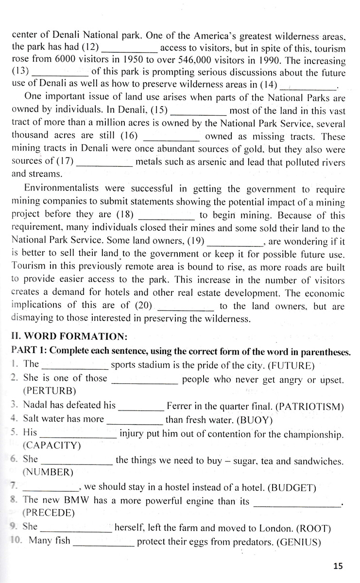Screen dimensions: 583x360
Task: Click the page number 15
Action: tap(338, 566)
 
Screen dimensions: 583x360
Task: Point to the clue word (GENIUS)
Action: tap(298, 540)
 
